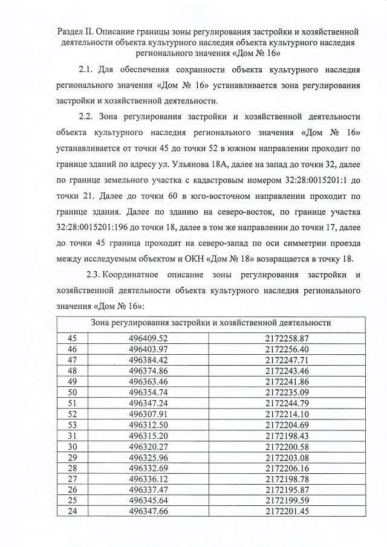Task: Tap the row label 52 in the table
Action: (73, 414)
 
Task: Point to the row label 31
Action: (73, 436)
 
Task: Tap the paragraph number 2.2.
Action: (88, 115)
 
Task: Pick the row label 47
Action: (73, 360)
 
